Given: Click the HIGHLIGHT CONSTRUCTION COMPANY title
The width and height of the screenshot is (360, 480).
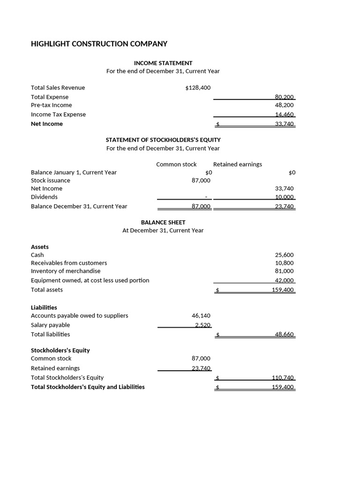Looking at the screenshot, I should (x=99, y=44).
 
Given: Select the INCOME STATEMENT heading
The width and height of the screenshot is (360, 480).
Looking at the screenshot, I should (x=163, y=63).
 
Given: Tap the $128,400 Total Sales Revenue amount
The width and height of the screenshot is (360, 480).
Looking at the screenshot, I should (x=198, y=88).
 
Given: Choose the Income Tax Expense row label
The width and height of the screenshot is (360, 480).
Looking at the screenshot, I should (x=58, y=114).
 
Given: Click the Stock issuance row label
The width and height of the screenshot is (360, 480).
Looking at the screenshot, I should (x=50, y=180).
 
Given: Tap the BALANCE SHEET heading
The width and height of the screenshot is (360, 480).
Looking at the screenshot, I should (x=163, y=222).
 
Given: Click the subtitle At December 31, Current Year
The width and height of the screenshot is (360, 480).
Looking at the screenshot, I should (x=163, y=231).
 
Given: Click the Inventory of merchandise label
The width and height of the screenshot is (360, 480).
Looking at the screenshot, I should (x=66, y=271).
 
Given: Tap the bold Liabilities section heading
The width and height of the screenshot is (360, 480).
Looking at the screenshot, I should (x=44, y=307).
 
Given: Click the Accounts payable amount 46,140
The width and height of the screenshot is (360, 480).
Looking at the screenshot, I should (x=201, y=316).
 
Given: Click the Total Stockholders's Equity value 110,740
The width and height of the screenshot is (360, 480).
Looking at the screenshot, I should (x=283, y=378).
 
